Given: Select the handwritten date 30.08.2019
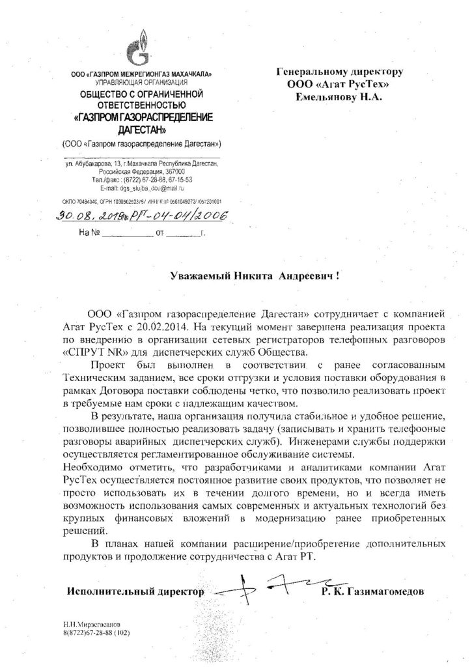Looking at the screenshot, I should click(81, 216).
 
